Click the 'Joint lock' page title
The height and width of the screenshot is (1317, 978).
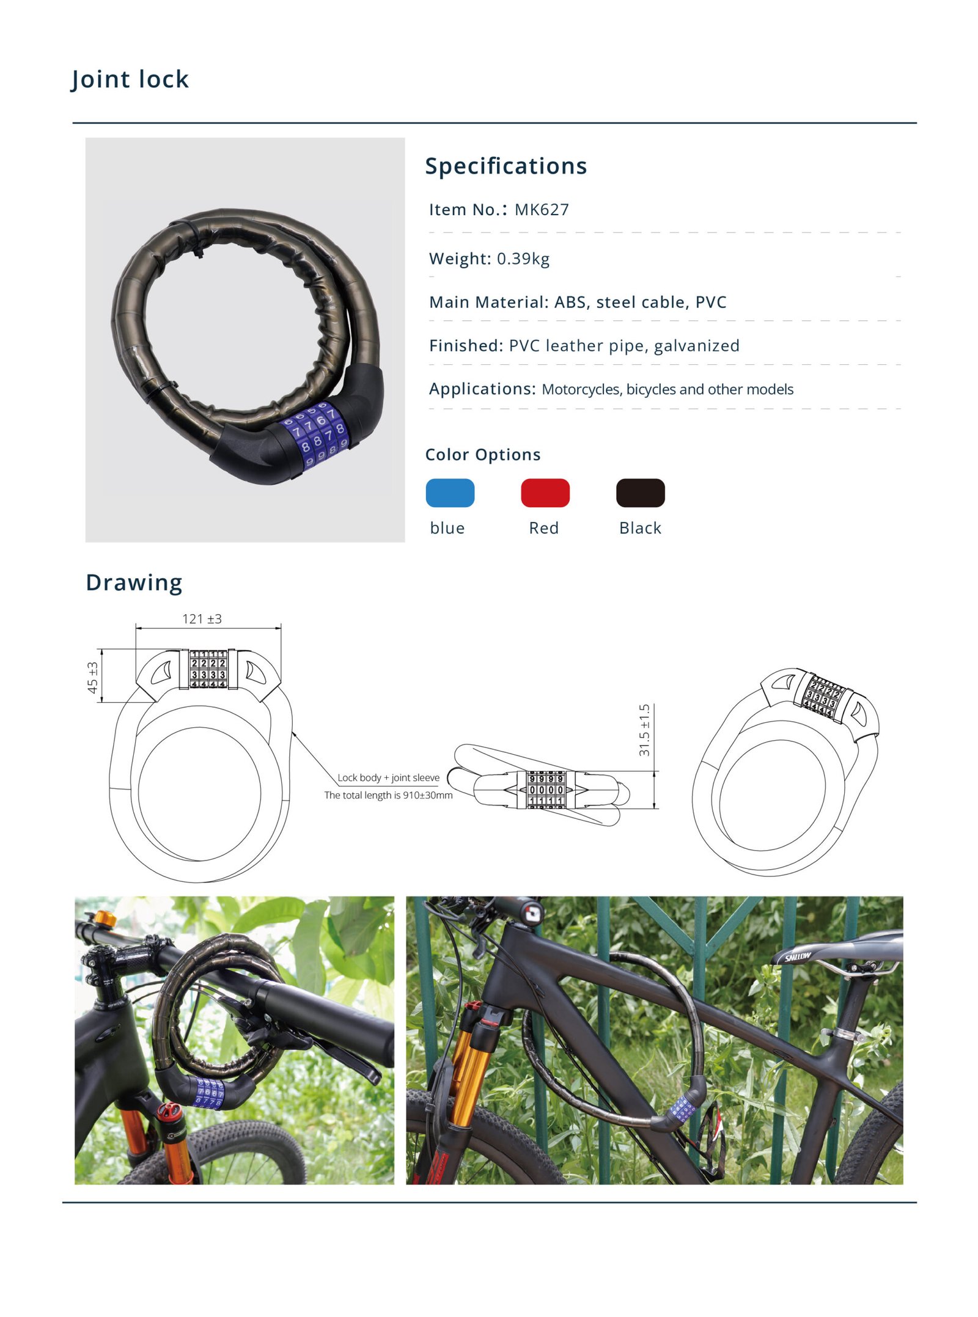(130, 79)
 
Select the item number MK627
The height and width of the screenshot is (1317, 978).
(541, 210)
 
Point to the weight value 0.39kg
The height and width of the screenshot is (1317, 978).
(523, 259)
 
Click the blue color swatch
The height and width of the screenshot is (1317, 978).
(450, 493)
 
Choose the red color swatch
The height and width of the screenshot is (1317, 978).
(545, 493)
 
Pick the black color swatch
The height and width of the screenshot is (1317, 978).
(640, 493)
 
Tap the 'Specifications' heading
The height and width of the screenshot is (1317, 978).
(506, 166)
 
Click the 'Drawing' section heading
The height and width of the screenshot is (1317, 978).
(134, 582)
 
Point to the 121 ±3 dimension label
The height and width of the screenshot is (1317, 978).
(202, 618)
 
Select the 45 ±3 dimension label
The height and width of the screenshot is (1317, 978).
(93, 677)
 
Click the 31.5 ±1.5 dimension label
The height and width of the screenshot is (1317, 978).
(644, 730)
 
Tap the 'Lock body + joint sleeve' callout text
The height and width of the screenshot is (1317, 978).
(388, 777)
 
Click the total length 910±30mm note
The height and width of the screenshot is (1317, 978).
(388, 795)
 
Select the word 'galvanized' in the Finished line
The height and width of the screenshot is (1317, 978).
(696, 346)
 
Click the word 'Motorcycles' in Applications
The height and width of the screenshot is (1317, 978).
(580, 389)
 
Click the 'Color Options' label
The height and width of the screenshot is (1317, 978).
(482, 455)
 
